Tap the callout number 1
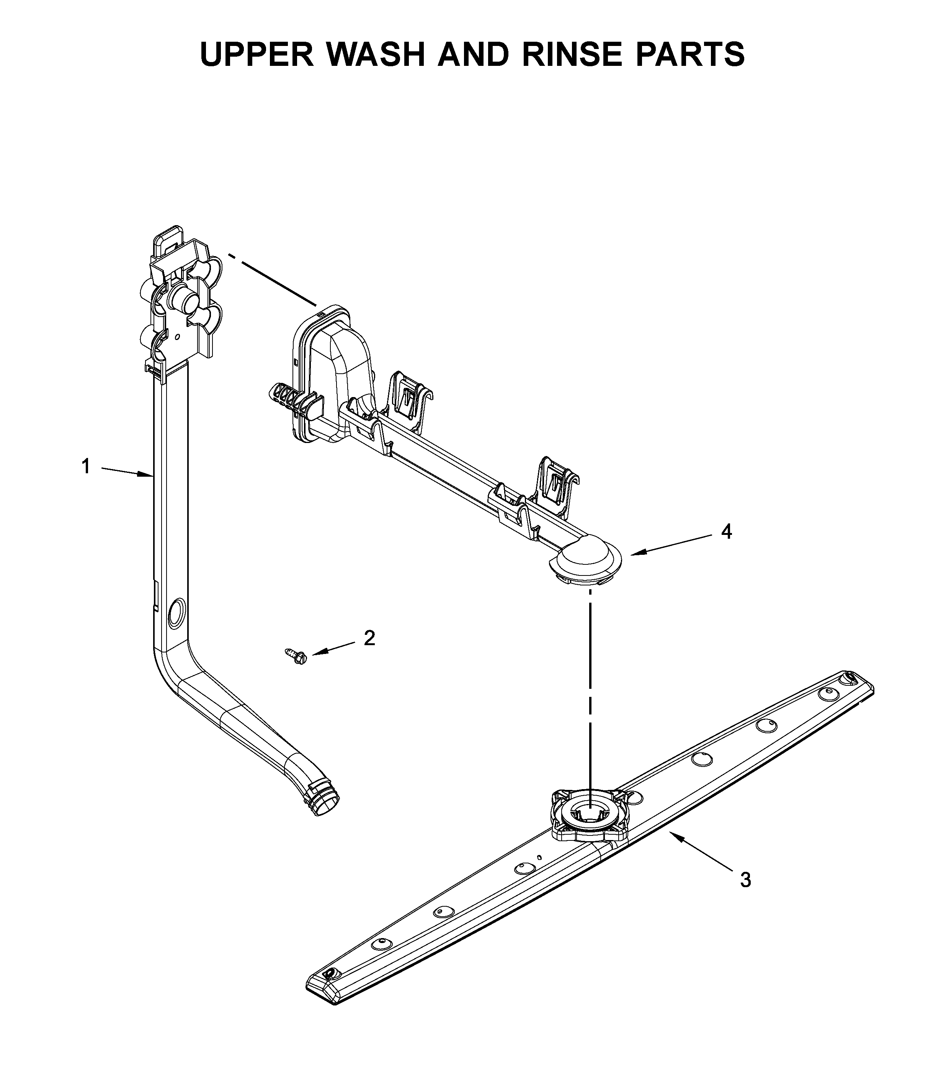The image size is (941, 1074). click(x=86, y=466)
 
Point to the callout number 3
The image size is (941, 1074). click(x=745, y=879)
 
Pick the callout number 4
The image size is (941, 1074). click(x=726, y=532)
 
